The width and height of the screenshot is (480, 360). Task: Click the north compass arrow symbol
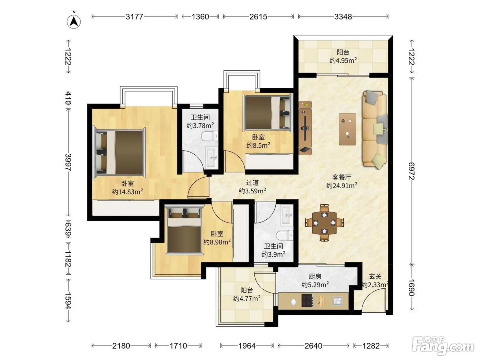click(x=74, y=21)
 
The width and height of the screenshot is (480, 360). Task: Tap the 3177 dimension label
click(x=134, y=16)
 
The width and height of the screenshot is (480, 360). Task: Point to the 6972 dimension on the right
click(x=411, y=171)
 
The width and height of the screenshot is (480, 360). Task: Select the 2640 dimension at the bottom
click(x=313, y=346)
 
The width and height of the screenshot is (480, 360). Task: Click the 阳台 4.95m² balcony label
click(x=343, y=56)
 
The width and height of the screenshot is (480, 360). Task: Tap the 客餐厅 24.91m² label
click(x=341, y=181)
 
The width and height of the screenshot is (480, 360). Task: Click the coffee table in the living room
click(x=347, y=129)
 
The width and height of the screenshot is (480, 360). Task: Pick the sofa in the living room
click(x=375, y=130)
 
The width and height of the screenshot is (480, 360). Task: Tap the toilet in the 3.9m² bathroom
click(x=285, y=236)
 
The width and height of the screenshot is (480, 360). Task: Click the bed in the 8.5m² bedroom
click(x=269, y=113)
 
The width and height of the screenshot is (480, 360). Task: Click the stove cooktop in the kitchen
click(x=308, y=301)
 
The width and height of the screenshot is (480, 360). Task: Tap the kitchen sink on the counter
click(x=338, y=301)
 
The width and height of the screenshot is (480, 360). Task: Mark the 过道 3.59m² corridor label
click(x=252, y=187)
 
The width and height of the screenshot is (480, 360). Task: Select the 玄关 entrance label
click(x=375, y=276)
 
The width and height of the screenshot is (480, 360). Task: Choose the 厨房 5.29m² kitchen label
click(x=315, y=280)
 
